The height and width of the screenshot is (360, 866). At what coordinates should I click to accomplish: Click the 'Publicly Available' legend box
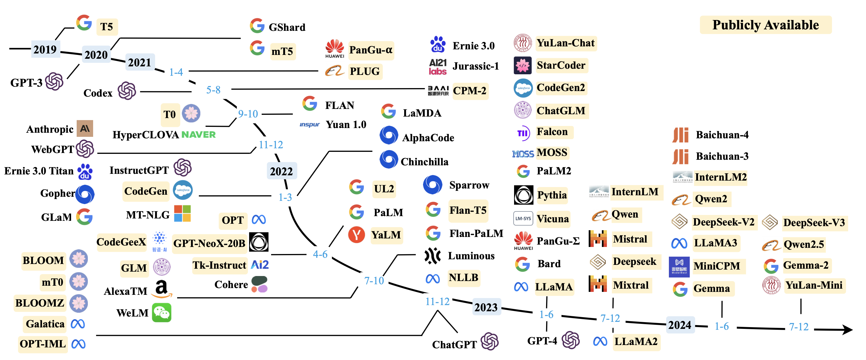[x=765, y=25]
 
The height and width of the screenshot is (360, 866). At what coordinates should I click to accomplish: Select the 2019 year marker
[x=45, y=49]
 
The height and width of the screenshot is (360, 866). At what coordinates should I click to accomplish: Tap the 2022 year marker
[x=281, y=171]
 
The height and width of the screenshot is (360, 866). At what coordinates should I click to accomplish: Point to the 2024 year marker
[x=679, y=325]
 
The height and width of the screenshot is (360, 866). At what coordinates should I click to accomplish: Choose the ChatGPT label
[x=454, y=344]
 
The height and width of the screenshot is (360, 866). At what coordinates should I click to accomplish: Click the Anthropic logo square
[x=85, y=128]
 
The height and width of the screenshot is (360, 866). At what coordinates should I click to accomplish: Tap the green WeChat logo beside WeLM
[x=162, y=313]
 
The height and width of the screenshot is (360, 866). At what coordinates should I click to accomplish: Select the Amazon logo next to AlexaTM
[x=162, y=289]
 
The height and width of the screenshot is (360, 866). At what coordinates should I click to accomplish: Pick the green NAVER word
[x=198, y=134]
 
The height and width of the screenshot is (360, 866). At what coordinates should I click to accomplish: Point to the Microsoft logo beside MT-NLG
[x=182, y=213]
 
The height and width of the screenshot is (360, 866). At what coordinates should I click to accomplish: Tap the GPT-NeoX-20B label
[x=209, y=243]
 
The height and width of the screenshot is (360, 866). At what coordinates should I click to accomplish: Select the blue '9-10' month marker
[x=248, y=114]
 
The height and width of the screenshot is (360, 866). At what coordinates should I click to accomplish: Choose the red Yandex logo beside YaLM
[x=356, y=235]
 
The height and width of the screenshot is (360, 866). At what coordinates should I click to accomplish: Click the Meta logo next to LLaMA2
[x=600, y=342]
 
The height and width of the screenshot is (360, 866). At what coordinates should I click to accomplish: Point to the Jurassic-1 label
[x=475, y=66]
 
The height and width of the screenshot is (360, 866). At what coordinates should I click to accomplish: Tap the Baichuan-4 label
[x=722, y=135]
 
